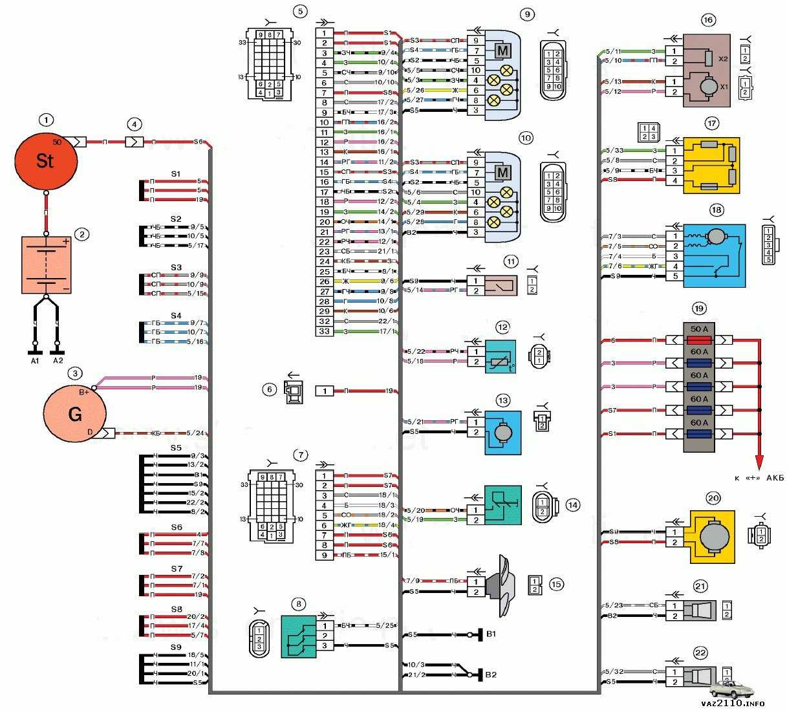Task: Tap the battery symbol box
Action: coord(47,265)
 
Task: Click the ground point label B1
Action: coord(491,634)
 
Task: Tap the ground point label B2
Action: coord(491,674)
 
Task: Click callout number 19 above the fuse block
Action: coord(699,308)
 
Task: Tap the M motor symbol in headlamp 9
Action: coord(502,50)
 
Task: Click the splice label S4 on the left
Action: coord(176,316)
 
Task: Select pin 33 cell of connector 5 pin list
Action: coord(325,331)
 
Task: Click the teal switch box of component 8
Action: coord(299,636)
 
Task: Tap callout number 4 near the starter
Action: coord(134,124)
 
